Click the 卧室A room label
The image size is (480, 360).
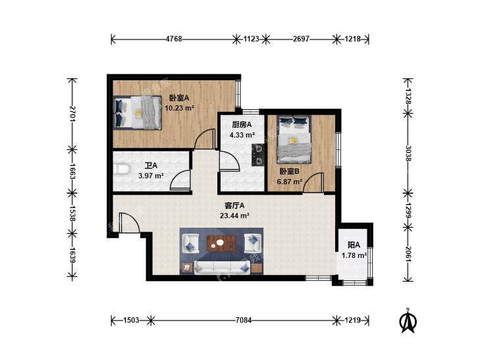point(179,98)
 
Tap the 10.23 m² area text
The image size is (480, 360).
point(179,108)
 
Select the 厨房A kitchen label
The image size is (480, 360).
point(242,124)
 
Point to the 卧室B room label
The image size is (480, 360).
point(289,171)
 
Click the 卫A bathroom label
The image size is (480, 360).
point(151,165)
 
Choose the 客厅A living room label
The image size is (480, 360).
point(234,205)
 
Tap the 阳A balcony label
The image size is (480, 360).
point(354,245)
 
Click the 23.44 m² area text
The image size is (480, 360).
point(234,216)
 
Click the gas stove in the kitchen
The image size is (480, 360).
point(258,155)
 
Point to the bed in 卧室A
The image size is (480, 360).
point(138,113)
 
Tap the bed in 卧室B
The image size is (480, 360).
point(294,140)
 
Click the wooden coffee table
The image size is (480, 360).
point(222,243)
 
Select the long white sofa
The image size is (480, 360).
point(222,267)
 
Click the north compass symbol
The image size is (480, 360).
point(408,321)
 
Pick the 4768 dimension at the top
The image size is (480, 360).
point(174,39)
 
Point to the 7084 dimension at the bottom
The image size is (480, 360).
point(244,321)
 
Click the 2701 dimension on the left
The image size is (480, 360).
point(72,114)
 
